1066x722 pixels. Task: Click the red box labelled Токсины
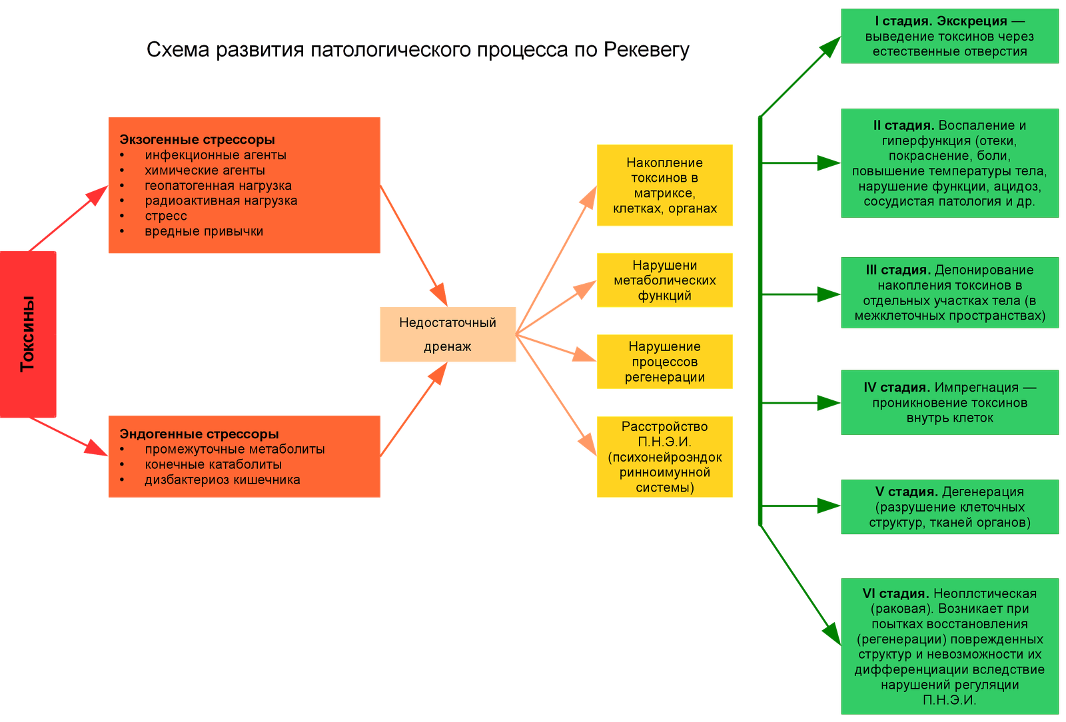tap(28, 334)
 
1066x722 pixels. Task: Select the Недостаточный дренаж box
tap(448, 334)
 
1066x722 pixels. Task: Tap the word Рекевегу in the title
tap(646, 49)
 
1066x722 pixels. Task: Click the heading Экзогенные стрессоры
tap(197, 139)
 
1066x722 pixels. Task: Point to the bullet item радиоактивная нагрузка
tap(221, 200)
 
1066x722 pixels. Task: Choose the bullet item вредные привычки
tap(204, 231)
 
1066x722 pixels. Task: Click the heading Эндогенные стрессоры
tap(199, 434)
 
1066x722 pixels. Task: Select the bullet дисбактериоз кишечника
tap(223, 480)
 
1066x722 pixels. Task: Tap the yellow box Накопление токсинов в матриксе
tap(665, 185)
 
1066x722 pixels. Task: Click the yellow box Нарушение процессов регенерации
tap(665, 362)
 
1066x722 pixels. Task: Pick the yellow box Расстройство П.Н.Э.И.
tap(665, 457)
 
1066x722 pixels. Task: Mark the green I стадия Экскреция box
tap(950, 36)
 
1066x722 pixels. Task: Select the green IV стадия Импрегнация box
tap(950, 402)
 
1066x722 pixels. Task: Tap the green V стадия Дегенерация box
tap(950, 507)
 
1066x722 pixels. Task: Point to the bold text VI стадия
tap(895, 593)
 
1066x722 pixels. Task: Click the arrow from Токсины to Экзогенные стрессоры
tap(69, 218)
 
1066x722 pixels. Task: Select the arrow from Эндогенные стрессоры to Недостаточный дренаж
tap(414, 409)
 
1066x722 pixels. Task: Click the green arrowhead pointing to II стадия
tap(829, 163)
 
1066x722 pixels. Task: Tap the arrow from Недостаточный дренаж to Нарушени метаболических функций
tap(556, 307)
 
